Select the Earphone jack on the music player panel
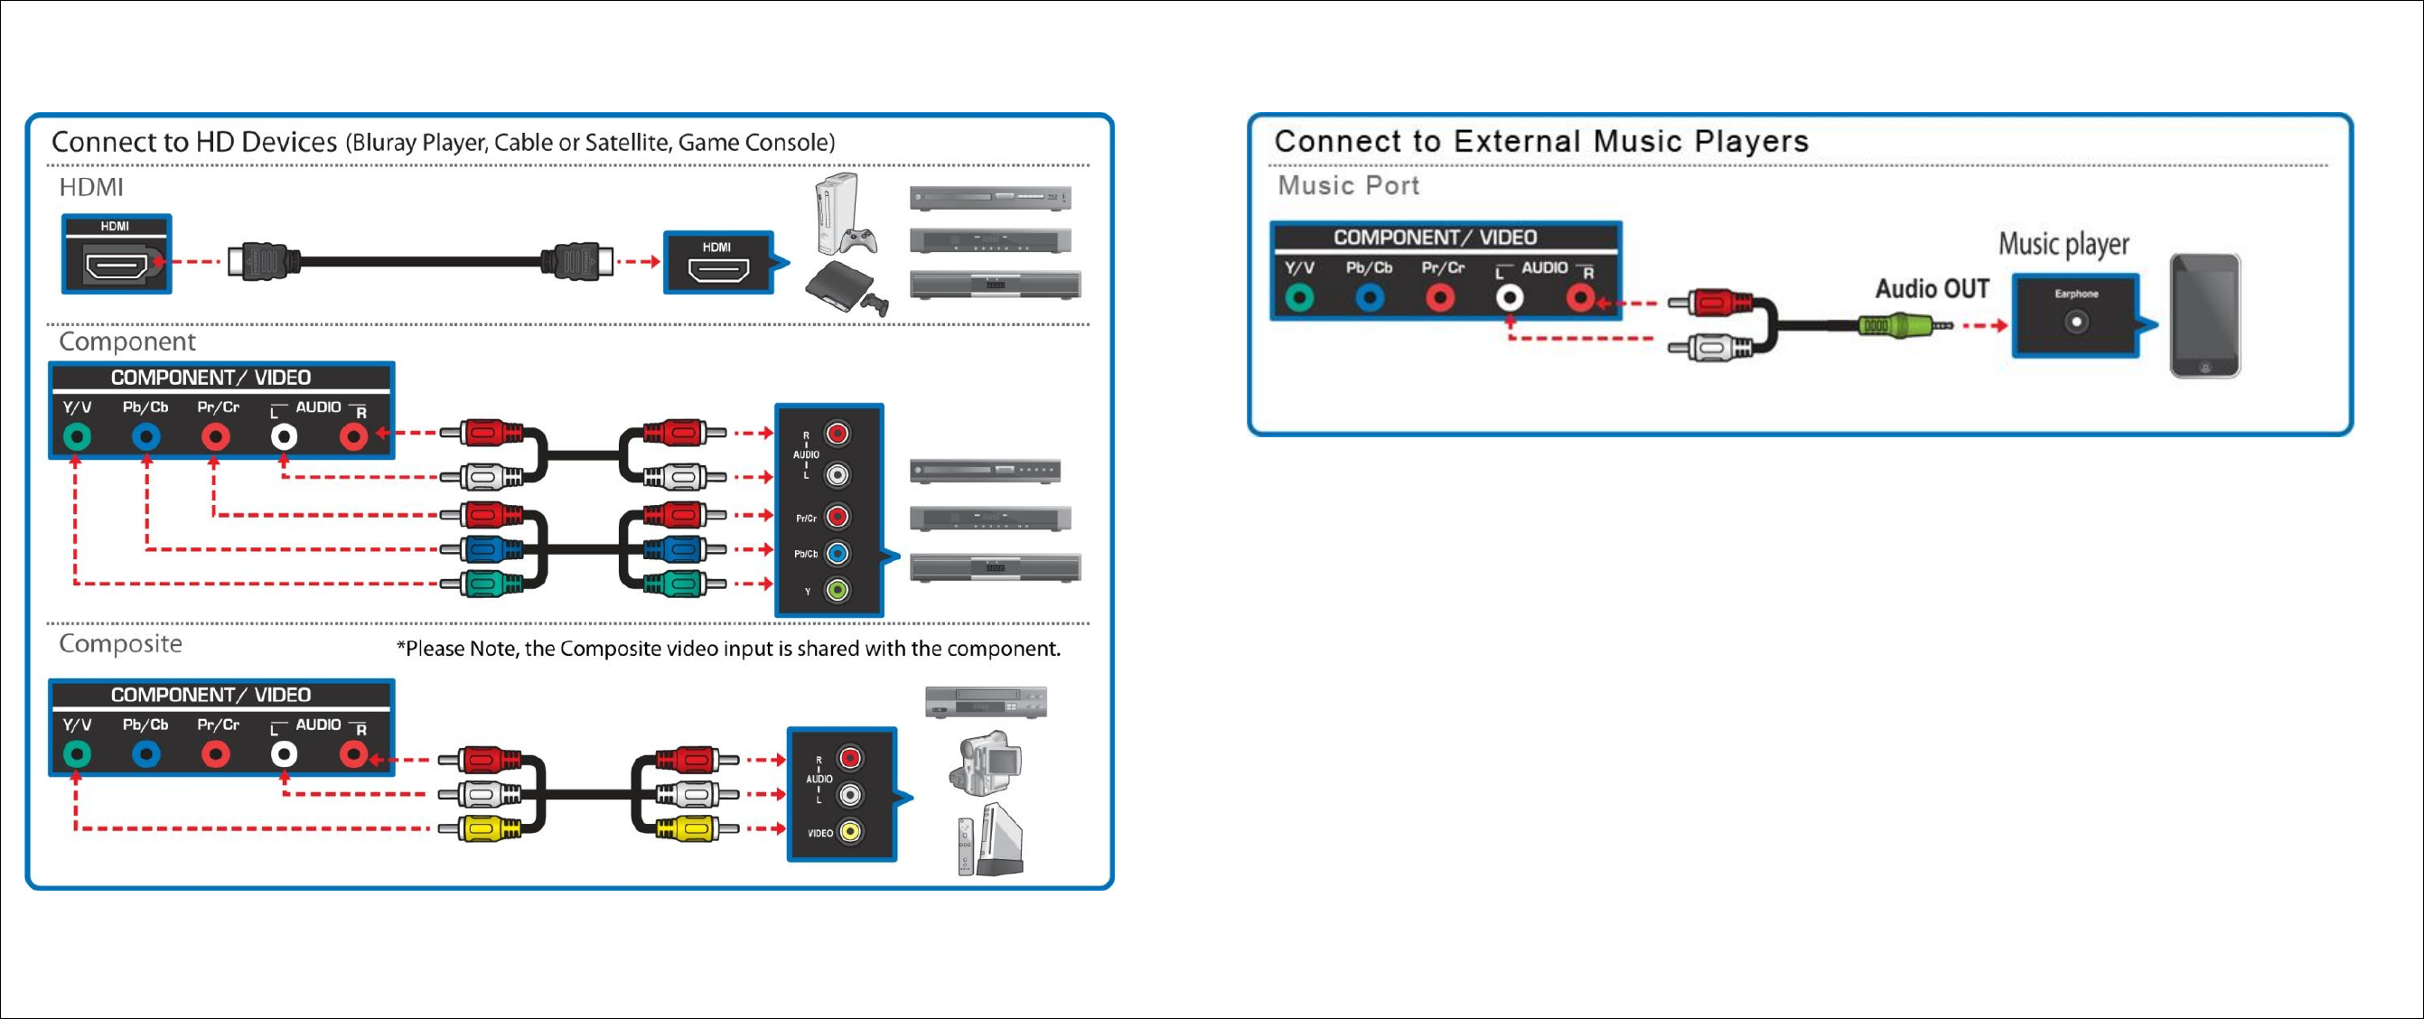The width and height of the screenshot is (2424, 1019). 2075,323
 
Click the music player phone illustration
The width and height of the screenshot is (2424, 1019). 2204,316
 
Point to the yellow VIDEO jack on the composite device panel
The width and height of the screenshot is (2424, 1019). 850,832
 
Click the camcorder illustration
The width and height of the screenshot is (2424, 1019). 987,760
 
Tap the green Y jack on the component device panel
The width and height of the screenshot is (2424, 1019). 837,590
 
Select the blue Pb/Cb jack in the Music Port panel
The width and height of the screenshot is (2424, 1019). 1369,298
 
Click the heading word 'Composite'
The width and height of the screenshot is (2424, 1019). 120,643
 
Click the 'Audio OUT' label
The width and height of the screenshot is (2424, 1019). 1932,289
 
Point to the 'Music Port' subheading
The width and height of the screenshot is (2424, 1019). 1347,185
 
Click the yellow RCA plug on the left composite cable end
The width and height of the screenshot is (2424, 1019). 491,828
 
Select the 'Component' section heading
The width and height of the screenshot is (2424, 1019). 127,341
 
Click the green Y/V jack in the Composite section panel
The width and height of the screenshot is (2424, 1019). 77,753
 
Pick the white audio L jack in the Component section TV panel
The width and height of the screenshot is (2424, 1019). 284,436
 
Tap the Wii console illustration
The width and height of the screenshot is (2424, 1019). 990,839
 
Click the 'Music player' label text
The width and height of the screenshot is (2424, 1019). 2064,245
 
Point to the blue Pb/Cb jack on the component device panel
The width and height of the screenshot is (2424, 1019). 837,553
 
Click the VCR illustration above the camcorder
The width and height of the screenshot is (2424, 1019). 985,702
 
